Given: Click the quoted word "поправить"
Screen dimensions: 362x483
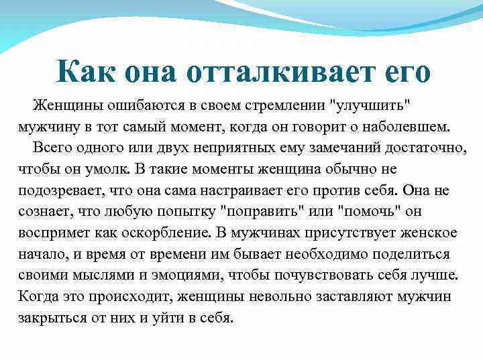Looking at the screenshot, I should coord(262,212).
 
